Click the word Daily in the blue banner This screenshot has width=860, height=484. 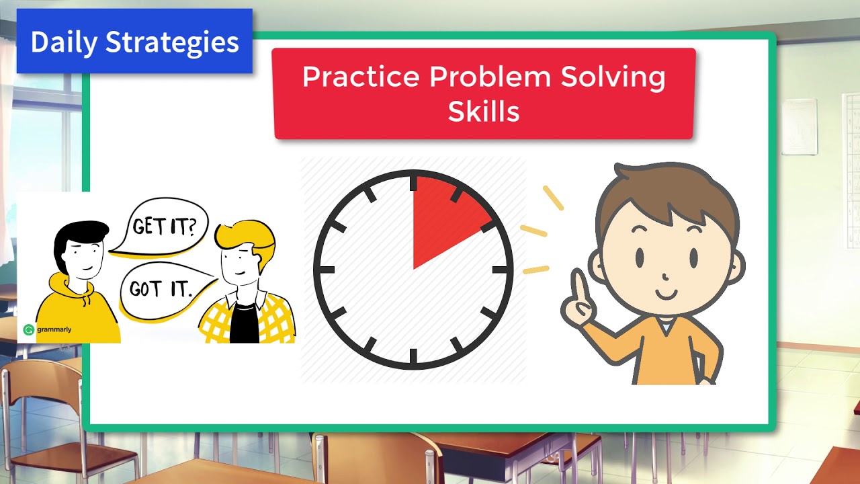64,42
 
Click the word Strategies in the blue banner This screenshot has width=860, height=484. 173,43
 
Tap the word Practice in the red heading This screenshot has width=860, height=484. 361,77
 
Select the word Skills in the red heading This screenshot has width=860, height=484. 484,112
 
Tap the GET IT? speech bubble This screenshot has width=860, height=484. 164,227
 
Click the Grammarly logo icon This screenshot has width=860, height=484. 28,329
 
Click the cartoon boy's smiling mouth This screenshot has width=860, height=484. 668,294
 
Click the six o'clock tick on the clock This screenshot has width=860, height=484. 413,357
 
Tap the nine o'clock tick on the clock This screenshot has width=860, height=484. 324,270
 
